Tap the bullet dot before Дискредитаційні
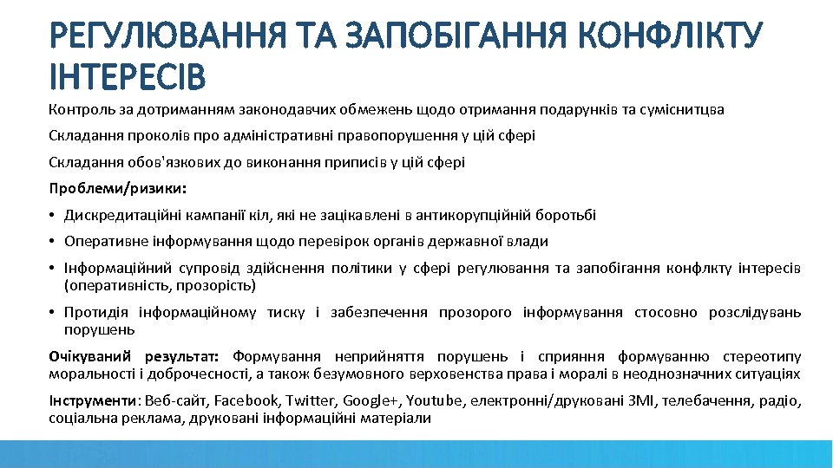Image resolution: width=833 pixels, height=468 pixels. point(54,215)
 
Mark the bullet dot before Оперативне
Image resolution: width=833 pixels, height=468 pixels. point(54,242)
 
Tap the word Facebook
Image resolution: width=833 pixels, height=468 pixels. point(246,401)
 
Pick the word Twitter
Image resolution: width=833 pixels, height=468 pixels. point(310,401)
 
